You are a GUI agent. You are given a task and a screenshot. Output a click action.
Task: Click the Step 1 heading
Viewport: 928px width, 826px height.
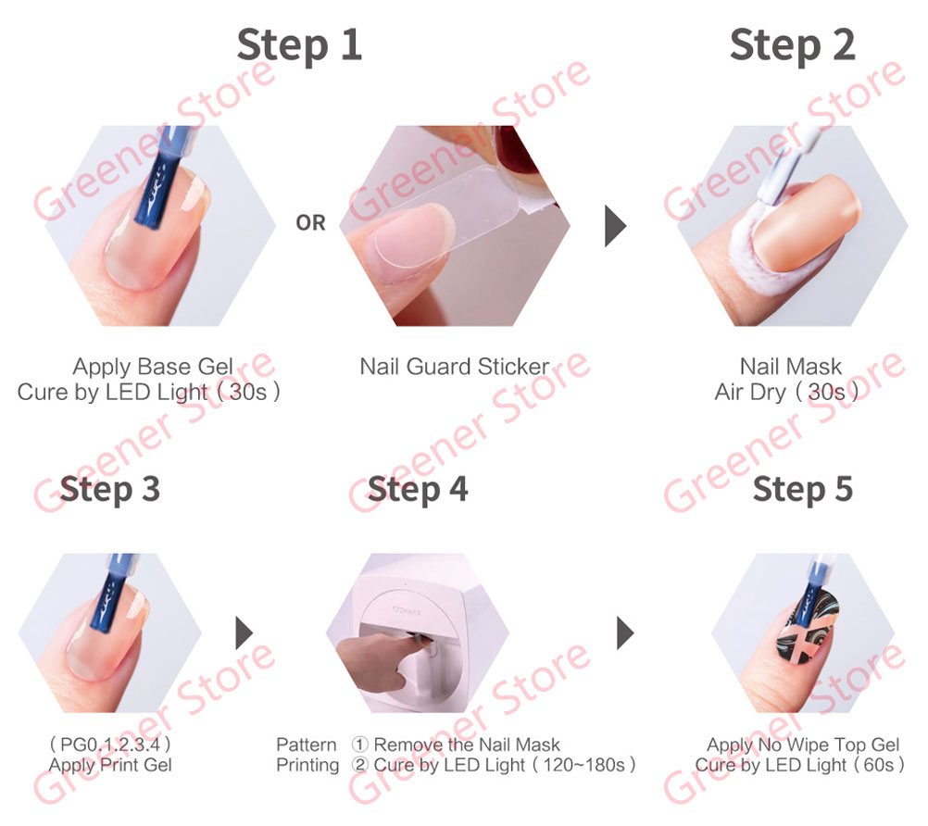click(x=299, y=45)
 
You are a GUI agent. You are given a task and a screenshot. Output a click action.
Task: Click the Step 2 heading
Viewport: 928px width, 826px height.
click(x=793, y=45)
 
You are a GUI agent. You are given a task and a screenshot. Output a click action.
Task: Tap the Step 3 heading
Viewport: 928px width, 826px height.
click(x=110, y=490)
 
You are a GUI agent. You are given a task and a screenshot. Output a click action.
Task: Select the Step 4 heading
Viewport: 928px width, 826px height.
click(x=418, y=490)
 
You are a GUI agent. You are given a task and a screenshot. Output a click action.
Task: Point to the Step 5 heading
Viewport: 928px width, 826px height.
click(x=803, y=490)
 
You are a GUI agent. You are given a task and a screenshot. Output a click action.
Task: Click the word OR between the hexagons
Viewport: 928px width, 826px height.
click(x=310, y=223)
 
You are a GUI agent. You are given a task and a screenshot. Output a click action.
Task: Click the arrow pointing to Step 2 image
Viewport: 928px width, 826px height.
click(x=615, y=225)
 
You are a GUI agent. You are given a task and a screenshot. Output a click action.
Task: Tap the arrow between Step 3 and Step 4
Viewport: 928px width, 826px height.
click(x=244, y=632)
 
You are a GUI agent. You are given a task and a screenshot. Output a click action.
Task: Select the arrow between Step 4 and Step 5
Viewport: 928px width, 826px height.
click(x=625, y=632)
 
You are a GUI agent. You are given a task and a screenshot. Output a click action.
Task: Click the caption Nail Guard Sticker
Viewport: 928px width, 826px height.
click(x=455, y=367)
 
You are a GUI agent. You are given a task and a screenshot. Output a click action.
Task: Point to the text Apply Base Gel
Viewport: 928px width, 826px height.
click(x=153, y=367)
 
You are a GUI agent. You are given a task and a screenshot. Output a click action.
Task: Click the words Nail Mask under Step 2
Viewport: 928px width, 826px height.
click(x=791, y=367)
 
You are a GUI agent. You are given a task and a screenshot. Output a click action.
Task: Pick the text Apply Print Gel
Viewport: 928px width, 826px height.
click(x=110, y=765)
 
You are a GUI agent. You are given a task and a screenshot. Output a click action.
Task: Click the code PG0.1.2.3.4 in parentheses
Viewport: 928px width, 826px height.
click(x=110, y=744)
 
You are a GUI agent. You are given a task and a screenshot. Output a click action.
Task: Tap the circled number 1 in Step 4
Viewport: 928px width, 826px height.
click(x=360, y=745)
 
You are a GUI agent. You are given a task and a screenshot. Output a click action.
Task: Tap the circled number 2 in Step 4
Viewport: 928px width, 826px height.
click(x=360, y=765)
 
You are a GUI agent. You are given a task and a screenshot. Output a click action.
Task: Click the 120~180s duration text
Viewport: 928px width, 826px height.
click(x=584, y=765)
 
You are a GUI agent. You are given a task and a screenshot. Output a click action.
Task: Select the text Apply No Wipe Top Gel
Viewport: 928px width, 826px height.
click(x=803, y=745)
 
